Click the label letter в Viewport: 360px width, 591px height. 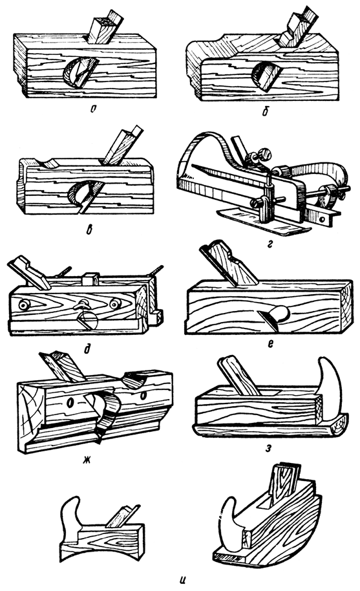point(89,229)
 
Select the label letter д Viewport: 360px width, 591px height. point(87,349)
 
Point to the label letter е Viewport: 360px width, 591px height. point(270,343)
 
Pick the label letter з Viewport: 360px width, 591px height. point(268,449)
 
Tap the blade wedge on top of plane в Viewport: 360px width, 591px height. point(122,147)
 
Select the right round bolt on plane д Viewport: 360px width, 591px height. point(115,303)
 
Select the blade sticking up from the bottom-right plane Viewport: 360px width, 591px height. point(284,480)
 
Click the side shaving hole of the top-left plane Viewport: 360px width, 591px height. point(80,73)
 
